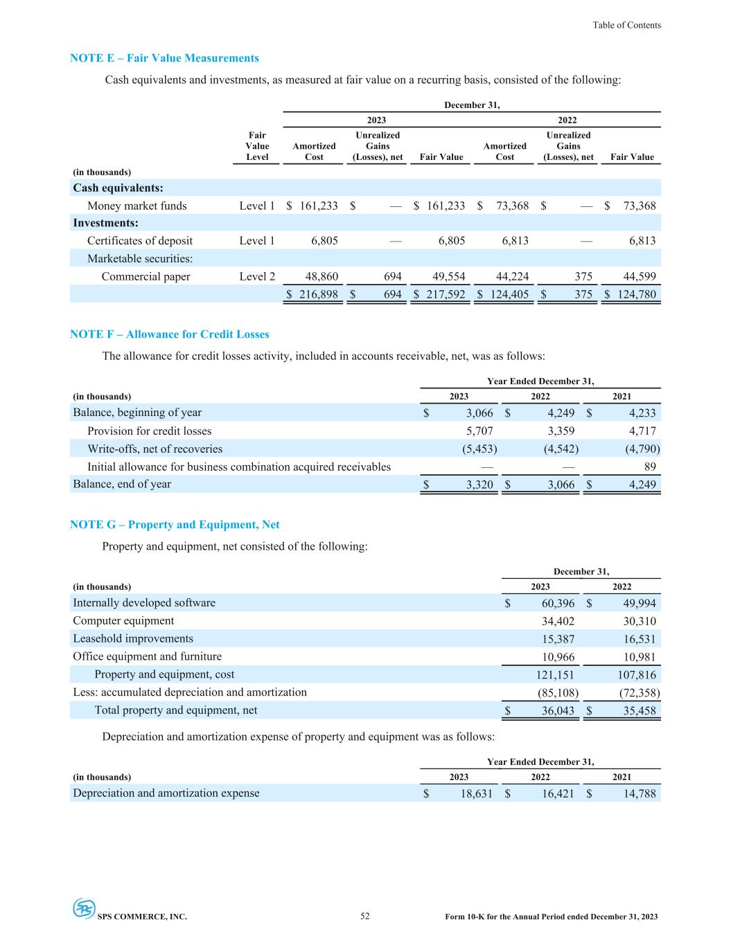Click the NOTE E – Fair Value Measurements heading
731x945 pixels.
tap(164, 58)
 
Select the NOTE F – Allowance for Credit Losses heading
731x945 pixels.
tap(169, 334)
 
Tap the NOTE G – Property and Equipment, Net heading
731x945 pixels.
tap(175, 525)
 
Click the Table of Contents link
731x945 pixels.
tap(626, 25)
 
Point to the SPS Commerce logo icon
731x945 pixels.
tap(84, 908)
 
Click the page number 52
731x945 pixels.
tap(365, 916)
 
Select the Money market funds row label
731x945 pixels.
tap(136, 206)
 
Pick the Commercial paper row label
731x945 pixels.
tap(146, 277)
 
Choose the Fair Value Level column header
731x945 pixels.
tap(257, 146)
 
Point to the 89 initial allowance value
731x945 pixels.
tap(649, 467)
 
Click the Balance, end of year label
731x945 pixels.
tap(122, 484)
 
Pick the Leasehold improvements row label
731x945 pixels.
tap(133, 639)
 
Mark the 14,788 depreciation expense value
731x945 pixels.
tap(637, 793)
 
